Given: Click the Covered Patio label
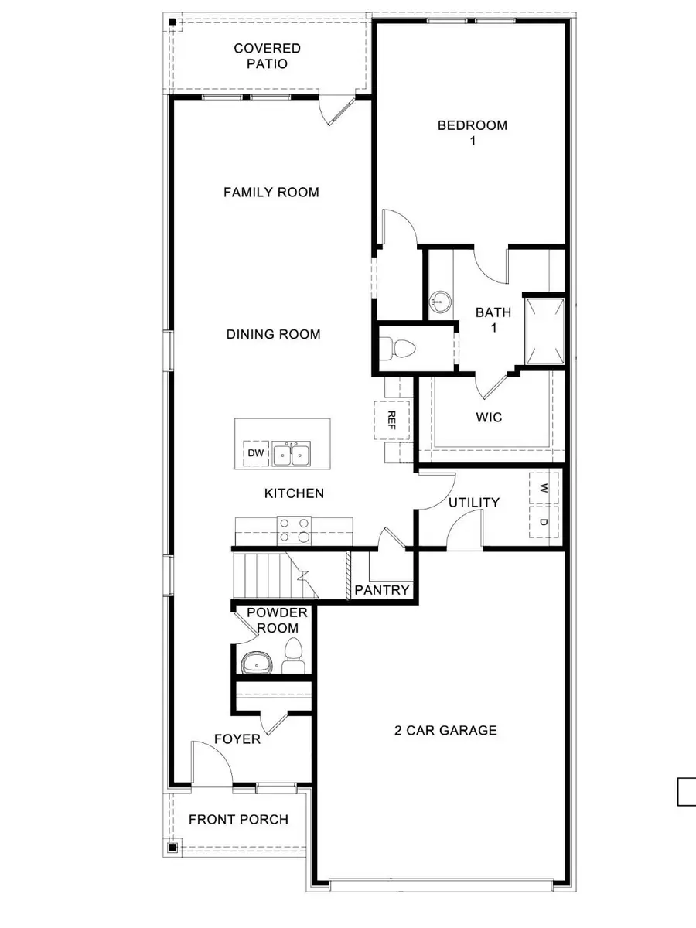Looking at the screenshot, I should (267, 56).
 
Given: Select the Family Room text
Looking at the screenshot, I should (271, 192).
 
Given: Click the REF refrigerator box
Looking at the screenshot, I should (391, 420).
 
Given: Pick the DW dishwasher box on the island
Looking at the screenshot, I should (254, 454).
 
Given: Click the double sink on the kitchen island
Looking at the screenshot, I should (290, 455).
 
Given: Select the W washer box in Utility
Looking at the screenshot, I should (544, 488).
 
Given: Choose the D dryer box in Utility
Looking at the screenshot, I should (544, 522).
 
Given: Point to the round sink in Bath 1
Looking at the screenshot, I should (441, 299).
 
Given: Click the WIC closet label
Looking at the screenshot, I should (489, 418).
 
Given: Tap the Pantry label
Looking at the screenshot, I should (381, 590).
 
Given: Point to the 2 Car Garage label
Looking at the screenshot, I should (445, 730).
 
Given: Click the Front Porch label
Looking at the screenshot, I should (238, 819).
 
